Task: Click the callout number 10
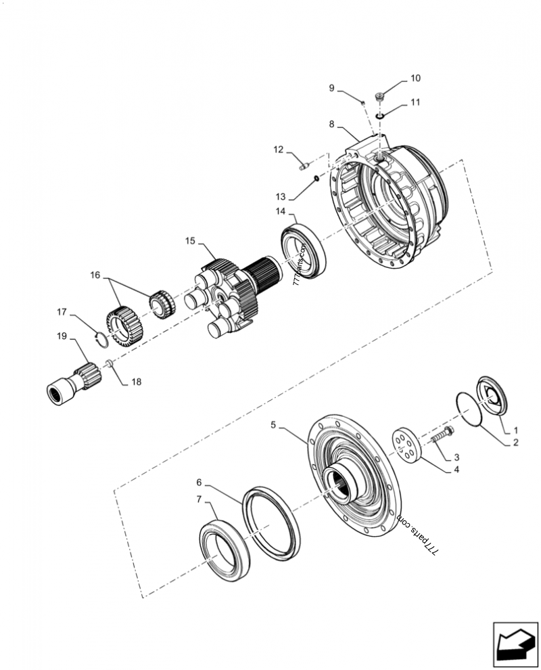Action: coord(415,79)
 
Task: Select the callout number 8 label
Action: coord(331,124)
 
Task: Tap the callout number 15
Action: coord(190,240)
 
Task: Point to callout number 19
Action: coord(62,336)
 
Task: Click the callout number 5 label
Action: coord(273,425)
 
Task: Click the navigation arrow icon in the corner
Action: coord(513,642)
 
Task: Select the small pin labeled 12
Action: coord(304,161)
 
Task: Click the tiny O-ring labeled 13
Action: coord(315,179)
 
